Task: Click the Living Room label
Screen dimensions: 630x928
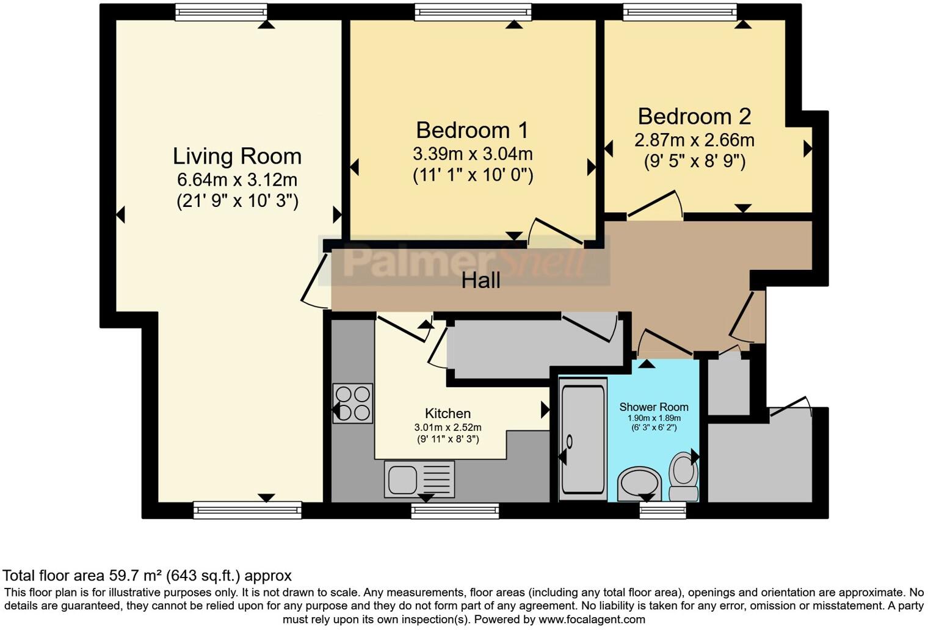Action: tap(237, 156)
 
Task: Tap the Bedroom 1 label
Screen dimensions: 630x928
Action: tap(472, 130)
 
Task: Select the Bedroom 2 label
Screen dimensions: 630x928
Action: tap(694, 116)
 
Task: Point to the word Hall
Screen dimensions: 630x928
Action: tap(480, 281)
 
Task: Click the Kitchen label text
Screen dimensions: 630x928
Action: tap(448, 413)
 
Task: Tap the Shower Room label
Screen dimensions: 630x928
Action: tap(653, 407)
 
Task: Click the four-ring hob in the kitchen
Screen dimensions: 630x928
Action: tap(353, 404)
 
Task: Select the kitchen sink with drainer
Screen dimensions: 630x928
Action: tap(419, 479)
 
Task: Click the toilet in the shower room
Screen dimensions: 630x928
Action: tap(684, 477)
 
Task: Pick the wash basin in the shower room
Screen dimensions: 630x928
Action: tap(639, 485)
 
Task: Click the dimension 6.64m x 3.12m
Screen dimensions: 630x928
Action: tap(237, 180)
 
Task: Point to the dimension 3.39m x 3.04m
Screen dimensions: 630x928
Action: tap(472, 153)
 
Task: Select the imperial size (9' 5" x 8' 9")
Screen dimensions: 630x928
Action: tap(694, 162)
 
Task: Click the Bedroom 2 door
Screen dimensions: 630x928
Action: tap(654, 205)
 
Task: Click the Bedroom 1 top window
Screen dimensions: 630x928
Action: tap(473, 12)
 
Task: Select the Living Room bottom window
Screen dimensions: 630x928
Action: tap(247, 510)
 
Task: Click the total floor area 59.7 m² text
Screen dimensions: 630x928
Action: tap(147, 575)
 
